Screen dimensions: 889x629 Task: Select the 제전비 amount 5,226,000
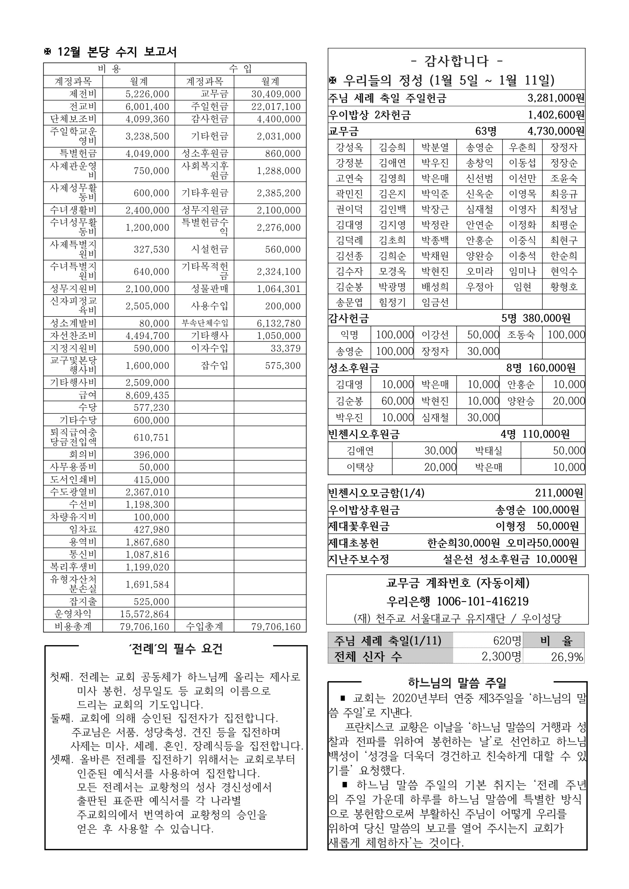pyautogui.click(x=147, y=94)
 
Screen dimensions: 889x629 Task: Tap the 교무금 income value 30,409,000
pyautogui.click(x=276, y=94)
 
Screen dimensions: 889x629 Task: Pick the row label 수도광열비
pyautogui.click(x=73, y=492)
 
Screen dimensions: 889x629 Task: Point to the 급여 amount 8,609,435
pyautogui.click(x=147, y=395)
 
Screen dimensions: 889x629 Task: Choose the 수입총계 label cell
pyautogui.click(x=204, y=626)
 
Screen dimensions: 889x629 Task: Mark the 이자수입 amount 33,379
pyautogui.click(x=285, y=348)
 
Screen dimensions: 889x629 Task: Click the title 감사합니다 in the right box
pyautogui.click(x=456, y=61)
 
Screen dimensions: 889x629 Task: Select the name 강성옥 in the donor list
pyautogui.click(x=349, y=147)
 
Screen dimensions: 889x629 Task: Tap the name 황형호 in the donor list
pyautogui.click(x=563, y=286)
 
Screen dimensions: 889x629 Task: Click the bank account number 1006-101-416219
pyautogui.click(x=483, y=601)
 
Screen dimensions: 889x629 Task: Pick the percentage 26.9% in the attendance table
pyautogui.click(x=567, y=657)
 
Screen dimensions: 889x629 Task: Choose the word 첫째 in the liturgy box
pyautogui.click(x=61, y=677)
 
